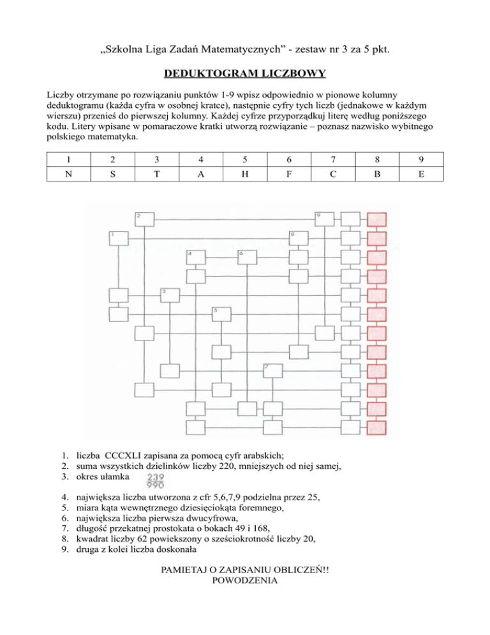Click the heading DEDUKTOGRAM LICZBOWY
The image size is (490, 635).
point(245,74)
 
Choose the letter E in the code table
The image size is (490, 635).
point(422,172)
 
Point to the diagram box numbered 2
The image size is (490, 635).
point(144,219)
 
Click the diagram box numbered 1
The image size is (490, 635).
point(118,238)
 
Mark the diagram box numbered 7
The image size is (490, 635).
point(272,371)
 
